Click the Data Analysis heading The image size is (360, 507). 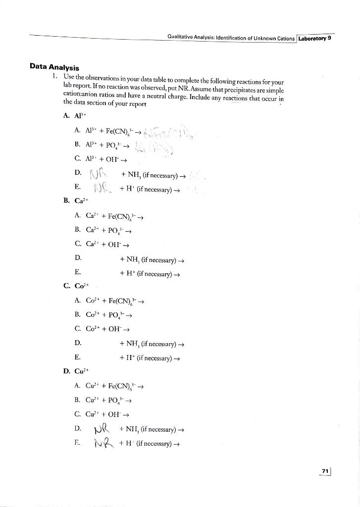[x=54, y=67]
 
